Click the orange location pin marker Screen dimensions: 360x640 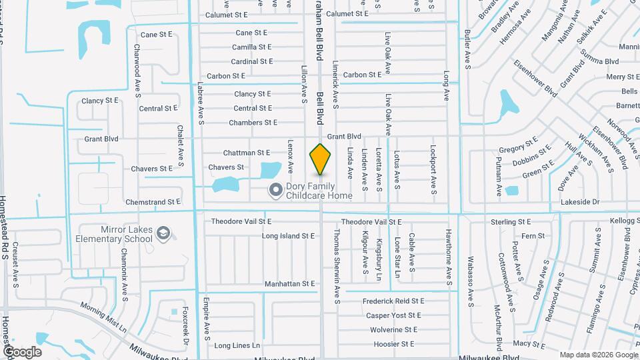[320, 159]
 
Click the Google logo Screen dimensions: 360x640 [21, 352]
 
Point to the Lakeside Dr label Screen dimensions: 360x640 [581, 201]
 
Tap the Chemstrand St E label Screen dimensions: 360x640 [153, 201]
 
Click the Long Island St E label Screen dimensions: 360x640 [288, 236]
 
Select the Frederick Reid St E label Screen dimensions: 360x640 [393, 301]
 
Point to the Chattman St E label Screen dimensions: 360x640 [245, 153]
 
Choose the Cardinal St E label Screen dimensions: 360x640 [252, 61]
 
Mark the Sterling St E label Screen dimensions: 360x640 [511, 222]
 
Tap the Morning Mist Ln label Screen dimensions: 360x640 [103, 317]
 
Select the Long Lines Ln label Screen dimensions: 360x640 [237, 345]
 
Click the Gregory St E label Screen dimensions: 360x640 [518, 145]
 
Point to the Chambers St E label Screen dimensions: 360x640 [253, 123]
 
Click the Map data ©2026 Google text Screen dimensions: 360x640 [597, 355]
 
